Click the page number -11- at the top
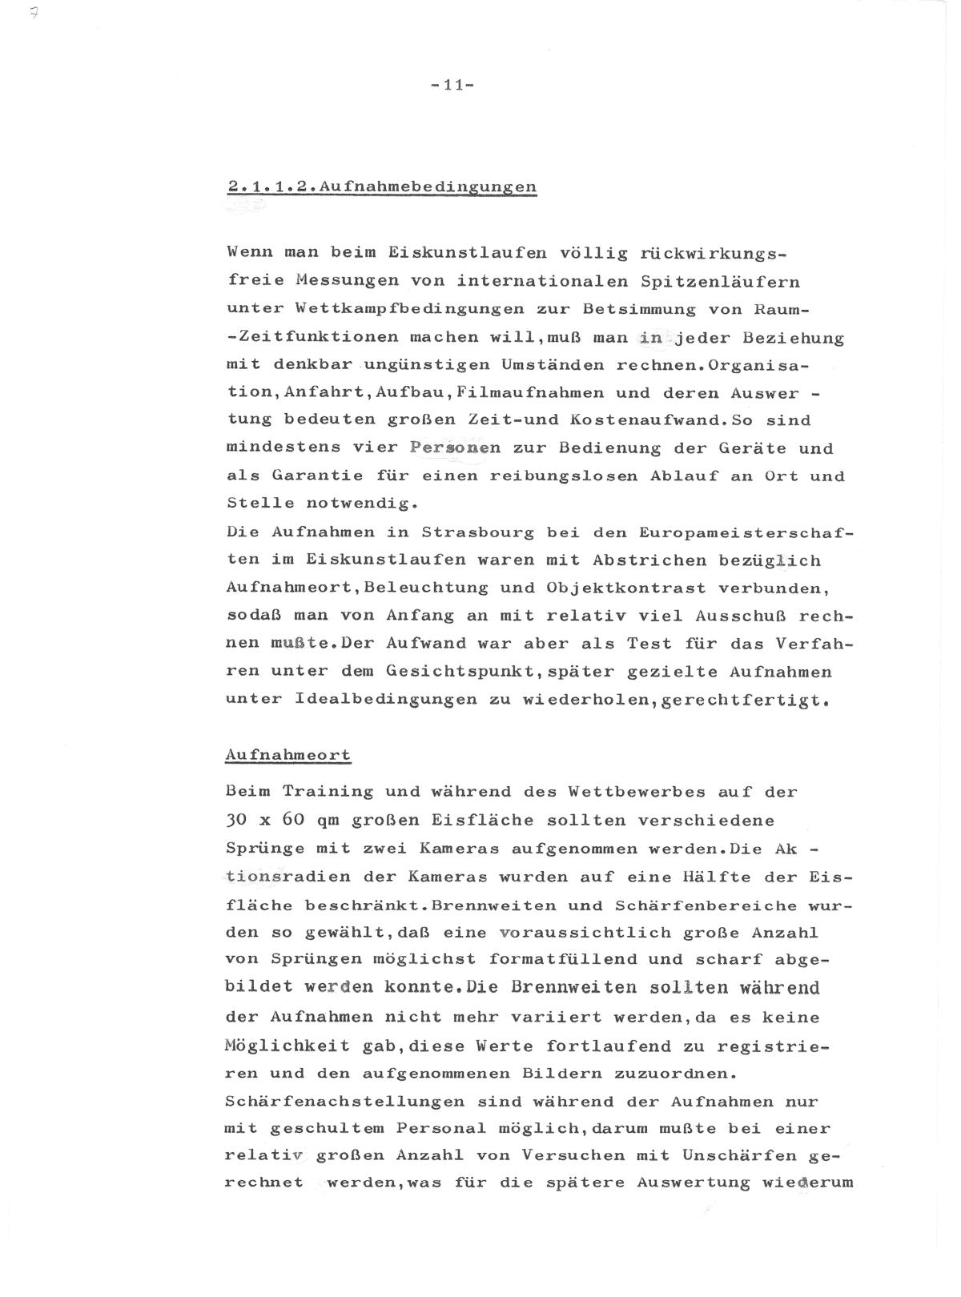click(x=453, y=85)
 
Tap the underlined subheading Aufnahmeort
click(x=288, y=755)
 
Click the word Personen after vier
click(x=455, y=448)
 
